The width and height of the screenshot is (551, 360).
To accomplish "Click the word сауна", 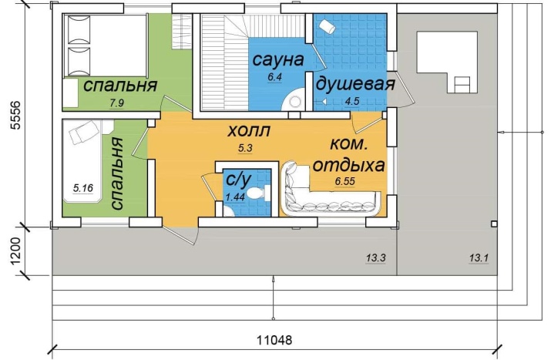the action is click(x=278, y=59).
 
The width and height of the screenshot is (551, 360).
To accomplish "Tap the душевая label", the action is click(x=355, y=84).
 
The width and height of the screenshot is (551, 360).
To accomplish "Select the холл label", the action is click(x=249, y=131).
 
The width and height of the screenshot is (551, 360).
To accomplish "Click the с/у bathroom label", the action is click(x=238, y=180).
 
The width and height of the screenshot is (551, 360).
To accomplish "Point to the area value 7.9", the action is click(x=117, y=103).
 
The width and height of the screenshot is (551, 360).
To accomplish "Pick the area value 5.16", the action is click(x=83, y=188).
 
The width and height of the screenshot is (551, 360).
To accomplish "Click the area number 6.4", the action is click(x=275, y=76).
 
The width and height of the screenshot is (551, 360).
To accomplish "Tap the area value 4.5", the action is click(x=351, y=101).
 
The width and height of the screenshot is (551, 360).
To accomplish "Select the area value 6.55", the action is click(x=344, y=181).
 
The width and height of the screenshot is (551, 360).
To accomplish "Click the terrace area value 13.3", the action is click(x=375, y=258).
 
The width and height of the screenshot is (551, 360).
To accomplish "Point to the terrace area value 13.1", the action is click(x=479, y=258).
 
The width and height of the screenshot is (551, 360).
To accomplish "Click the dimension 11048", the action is click(x=274, y=340).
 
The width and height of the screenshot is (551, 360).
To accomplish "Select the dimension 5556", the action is click(x=15, y=116).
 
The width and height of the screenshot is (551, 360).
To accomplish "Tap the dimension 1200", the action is click(x=15, y=251).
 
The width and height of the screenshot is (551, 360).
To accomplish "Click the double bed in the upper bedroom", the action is click(x=104, y=45).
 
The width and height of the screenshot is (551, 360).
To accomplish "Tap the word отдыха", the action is click(x=348, y=165).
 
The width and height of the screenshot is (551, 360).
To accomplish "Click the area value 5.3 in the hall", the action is click(x=245, y=148).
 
